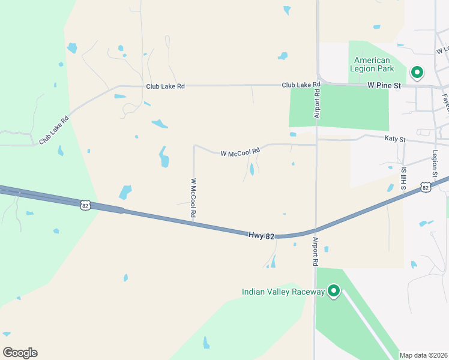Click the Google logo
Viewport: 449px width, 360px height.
pos(20,353)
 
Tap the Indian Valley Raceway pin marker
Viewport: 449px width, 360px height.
pos(333,292)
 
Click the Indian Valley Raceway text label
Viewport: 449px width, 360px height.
pos(283,292)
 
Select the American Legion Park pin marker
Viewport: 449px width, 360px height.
pos(417,73)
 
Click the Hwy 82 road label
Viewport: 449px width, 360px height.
pos(261,236)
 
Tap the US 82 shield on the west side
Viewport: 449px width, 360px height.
pos(86,205)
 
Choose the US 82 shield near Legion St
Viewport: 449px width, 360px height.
pos(426,187)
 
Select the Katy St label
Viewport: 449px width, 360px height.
pos(395,139)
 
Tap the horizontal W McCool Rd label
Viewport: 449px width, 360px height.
pos(240,153)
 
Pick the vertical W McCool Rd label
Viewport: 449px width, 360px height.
pos(194,197)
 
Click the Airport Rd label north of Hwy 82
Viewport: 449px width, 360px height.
pos(316,101)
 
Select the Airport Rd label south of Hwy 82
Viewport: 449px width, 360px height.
pos(315,251)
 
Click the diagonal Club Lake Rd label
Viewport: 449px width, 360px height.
pos(54,130)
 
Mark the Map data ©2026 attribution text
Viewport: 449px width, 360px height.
pos(424,355)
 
